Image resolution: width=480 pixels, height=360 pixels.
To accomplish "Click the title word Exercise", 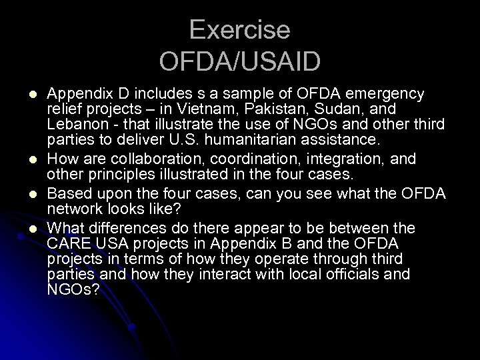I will [239, 30].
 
